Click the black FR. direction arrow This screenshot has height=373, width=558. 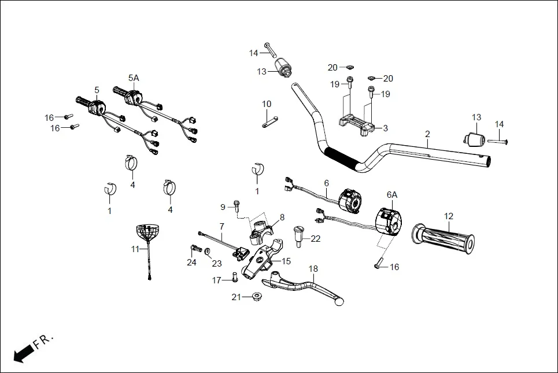pos(23,352)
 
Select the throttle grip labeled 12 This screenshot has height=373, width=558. pos(442,238)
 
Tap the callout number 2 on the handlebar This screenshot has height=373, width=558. pos(427,134)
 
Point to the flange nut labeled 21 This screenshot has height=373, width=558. pos(255,297)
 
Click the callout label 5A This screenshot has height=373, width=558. pos(134,78)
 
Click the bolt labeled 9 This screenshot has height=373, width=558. pos(237,204)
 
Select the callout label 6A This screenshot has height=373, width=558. pos(391,195)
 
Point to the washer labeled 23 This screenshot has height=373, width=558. pos(208,252)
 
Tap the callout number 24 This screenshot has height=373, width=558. pos(191,263)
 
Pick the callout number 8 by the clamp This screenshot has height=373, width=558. pos(282,217)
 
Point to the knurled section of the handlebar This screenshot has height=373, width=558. pos(341,157)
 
